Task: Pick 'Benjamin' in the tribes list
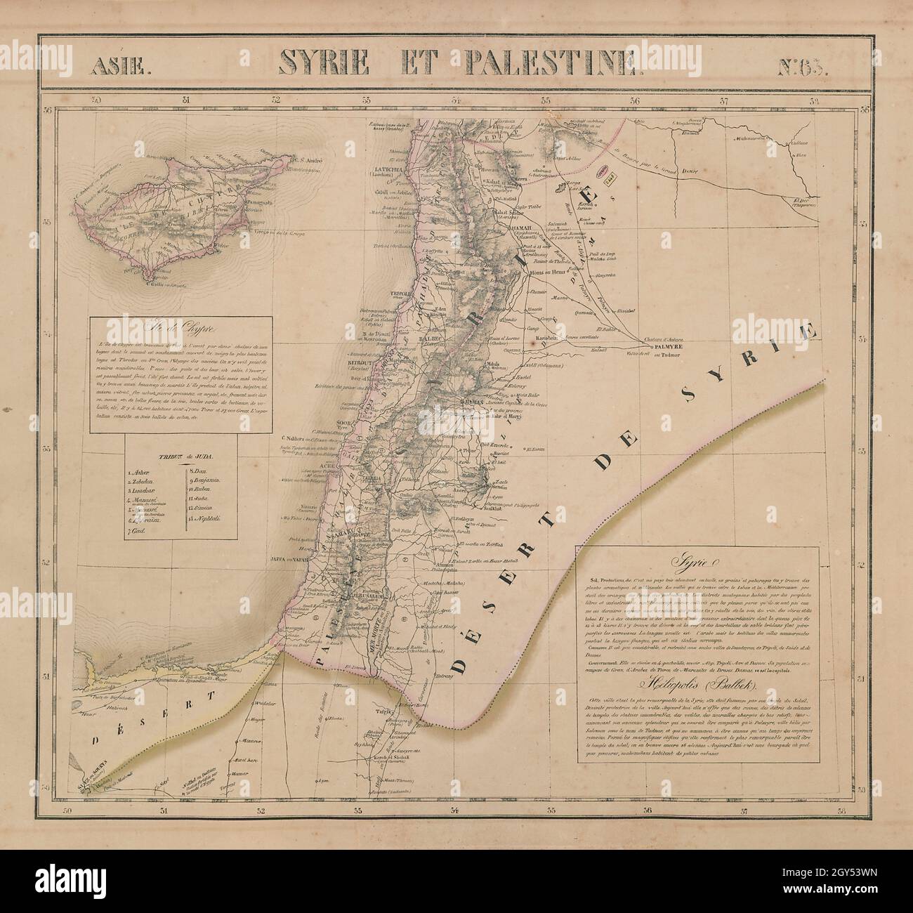[x=204, y=480]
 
